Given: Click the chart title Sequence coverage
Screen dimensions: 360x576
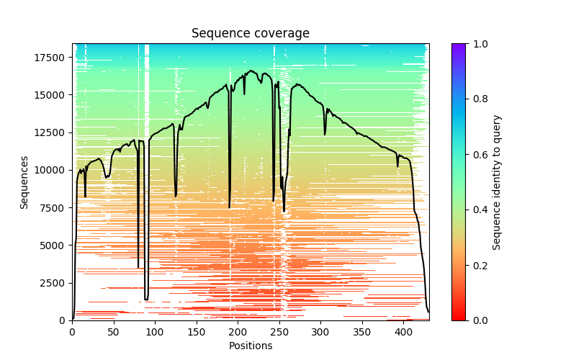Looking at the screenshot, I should [x=250, y=34].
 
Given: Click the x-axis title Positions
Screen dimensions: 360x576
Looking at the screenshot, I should [x=250, y=346].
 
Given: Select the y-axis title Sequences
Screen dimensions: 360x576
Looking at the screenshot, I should [x=24, y=182].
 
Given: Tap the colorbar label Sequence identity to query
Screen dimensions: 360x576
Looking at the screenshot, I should [x=497, y=182].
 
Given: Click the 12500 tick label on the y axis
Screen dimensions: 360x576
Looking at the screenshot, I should [x=53, y=132].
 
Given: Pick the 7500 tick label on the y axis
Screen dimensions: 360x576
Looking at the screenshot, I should [x=55, y=207].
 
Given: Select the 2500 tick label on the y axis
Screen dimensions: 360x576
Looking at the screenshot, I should [x=55, y=282].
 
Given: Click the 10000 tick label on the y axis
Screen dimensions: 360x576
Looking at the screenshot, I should [x=53, y=170].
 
